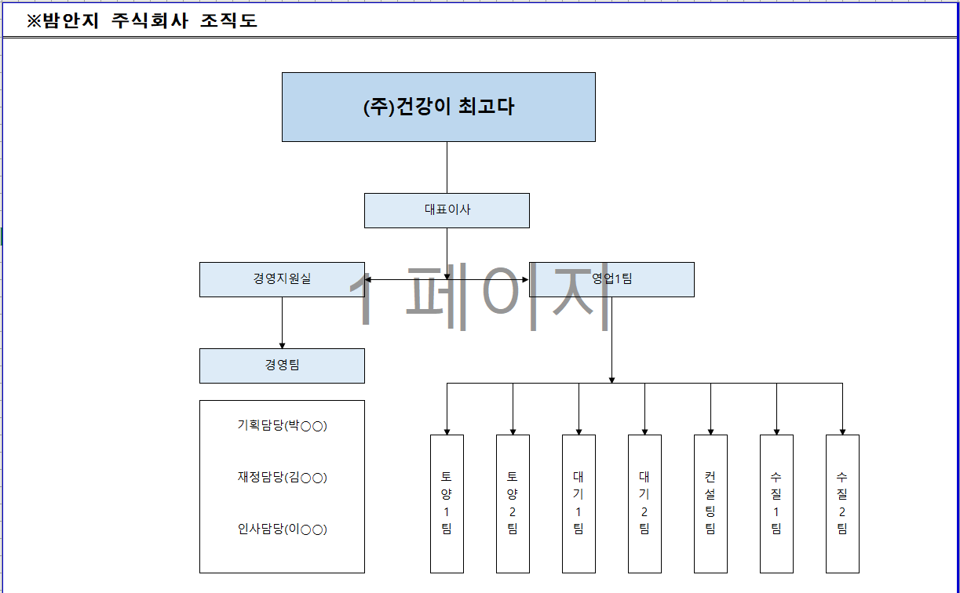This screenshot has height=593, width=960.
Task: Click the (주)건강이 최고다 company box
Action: (438, 107)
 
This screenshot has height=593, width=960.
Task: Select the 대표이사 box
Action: (447, 210)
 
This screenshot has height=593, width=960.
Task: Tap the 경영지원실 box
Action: (282, 279)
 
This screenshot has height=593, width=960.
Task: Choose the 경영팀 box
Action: (282, 366)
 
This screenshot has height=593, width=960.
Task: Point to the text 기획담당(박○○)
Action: (282, 426)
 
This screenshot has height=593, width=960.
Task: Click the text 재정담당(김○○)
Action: (282, 478)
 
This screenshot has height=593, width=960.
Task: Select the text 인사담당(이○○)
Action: (282, 529)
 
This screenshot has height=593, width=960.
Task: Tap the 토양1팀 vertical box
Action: (447, 504)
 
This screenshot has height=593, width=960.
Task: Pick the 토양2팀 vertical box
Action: (513, 504)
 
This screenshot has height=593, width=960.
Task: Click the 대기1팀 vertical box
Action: (579, 504)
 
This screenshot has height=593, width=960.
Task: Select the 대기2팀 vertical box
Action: (644, 504)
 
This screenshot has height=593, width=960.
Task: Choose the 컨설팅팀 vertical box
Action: (710, 504)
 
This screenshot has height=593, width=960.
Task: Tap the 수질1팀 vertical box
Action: (776, 504)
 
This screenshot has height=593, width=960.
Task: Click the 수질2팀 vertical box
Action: (842, 504)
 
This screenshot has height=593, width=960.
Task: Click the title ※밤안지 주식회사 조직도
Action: (142, 21)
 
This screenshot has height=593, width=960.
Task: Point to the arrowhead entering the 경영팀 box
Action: (282, 345)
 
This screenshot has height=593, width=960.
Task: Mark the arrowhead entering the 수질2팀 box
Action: (842, 431)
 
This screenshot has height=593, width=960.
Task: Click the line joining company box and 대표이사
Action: (447, 167)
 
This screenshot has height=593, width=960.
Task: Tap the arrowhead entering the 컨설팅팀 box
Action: (710, 431)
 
